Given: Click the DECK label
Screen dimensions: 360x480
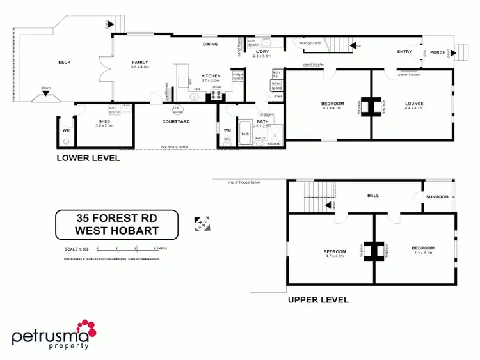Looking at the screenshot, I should (x=64, y=62).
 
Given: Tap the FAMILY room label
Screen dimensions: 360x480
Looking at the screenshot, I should (x=140, y=63).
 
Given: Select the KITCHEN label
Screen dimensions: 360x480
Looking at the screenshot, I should (x=211, y=76).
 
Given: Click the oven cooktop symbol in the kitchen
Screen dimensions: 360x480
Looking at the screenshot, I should (x=216, y=96).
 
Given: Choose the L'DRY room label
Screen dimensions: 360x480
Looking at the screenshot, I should (x=262, y=52).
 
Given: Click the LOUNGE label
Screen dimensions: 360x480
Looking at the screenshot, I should (x=414, y=104).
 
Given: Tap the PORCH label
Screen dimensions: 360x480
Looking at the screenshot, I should (x=438, y=52).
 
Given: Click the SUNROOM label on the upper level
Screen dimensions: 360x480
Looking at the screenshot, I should (x=438, y=197).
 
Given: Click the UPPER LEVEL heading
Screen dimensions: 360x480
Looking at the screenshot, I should (x=318, y=299).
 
